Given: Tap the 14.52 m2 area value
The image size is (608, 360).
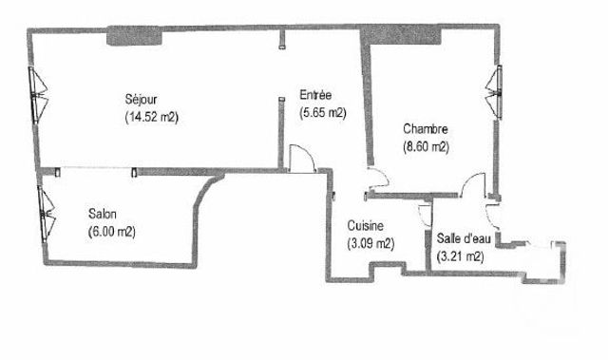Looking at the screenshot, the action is (152, 118).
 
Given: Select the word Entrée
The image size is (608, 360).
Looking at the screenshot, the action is (314, 95).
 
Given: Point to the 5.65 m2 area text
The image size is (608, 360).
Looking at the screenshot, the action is (322, 112).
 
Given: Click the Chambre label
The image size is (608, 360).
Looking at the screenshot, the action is (425, 130).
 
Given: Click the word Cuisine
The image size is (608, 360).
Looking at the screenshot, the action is (365, 226).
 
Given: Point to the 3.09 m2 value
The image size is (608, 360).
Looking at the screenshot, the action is (370, 243).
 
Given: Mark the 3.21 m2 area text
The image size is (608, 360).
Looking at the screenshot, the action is (460, 256).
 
